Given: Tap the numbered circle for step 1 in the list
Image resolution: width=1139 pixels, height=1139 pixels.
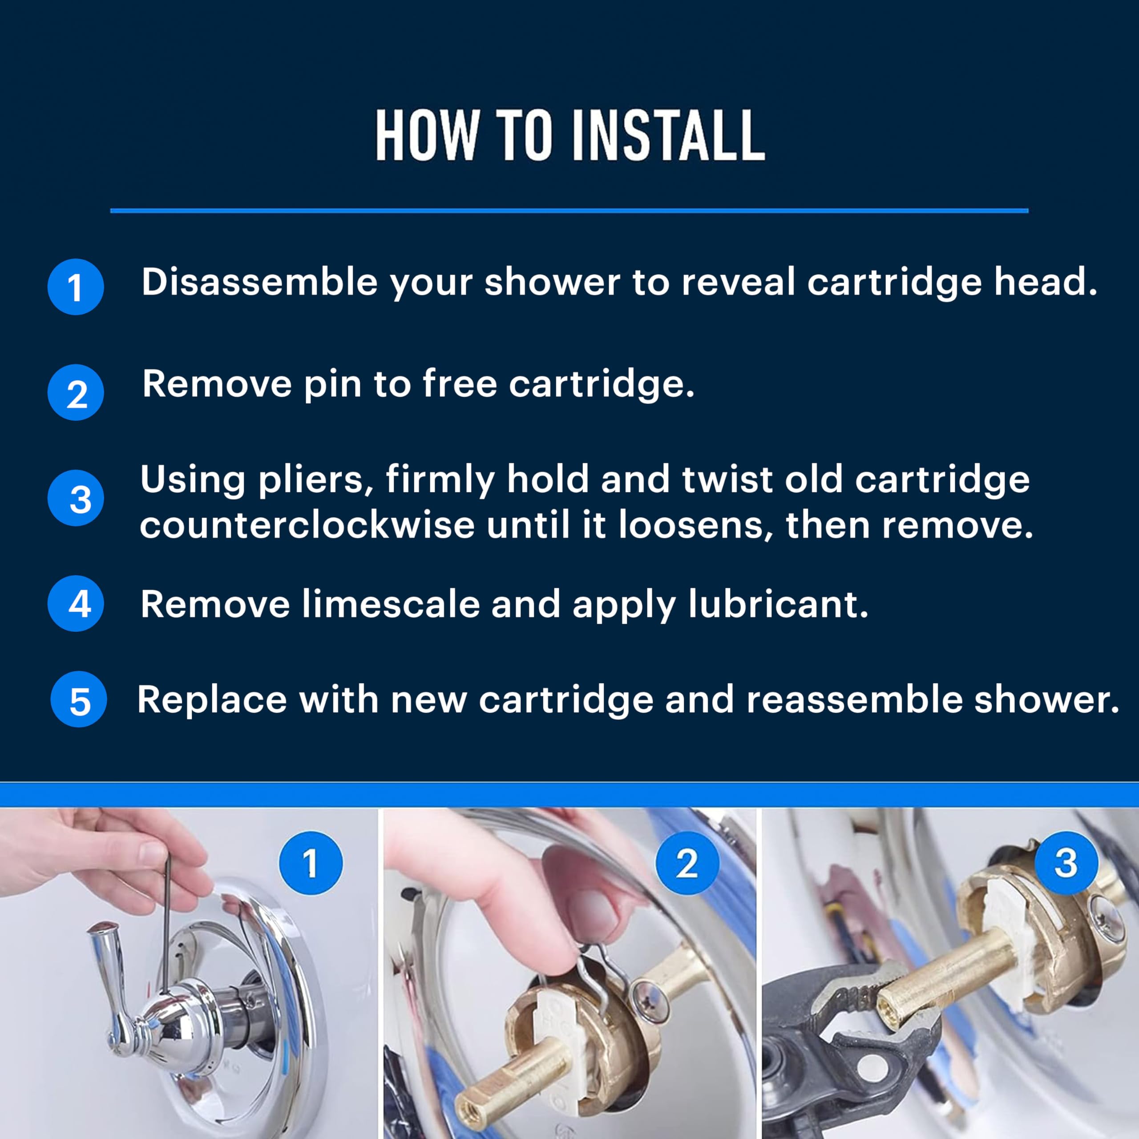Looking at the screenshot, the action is (x=76, y=287).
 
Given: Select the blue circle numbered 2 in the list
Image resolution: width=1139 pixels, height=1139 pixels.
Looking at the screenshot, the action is (x=76, y=392).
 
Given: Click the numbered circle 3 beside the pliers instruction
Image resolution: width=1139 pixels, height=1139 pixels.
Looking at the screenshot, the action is (x=76, y=498).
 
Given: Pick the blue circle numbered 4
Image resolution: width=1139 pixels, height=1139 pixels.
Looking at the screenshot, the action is (x=76, y=604).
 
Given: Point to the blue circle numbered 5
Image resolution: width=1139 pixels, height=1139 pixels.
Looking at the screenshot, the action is (x=78, y=699).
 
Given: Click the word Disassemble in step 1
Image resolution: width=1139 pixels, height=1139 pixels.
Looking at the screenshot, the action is (x=259, y=282).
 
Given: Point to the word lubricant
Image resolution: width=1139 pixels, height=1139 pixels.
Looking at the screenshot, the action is (x=778, y=604).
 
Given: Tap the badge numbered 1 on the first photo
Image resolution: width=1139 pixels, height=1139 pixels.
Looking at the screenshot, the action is (x=311, y=863).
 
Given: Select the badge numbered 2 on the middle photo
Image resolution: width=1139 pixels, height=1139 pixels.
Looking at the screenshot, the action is (x=687, y=863).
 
